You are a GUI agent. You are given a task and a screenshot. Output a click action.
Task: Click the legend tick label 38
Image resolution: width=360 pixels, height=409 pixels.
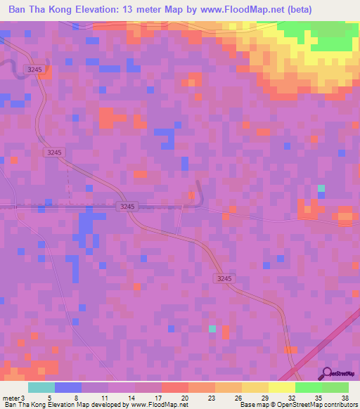tap(344, 397)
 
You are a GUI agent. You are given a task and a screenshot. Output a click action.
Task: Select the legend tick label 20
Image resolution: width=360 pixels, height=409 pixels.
tap(184, 397)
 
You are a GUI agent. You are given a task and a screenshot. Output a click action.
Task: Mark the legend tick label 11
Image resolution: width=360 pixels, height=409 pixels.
tap(104, 397)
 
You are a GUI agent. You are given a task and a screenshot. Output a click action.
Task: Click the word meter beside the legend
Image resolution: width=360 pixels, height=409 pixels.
tap(10, 397)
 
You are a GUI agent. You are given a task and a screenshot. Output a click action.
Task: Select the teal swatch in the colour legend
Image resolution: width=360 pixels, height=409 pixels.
tap(41, 387)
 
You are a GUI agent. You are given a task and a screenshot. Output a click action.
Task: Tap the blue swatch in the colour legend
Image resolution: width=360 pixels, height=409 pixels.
tap(68, 387)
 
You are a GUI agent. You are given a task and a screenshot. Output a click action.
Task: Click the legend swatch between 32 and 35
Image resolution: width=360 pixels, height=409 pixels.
tap(309, 387)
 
